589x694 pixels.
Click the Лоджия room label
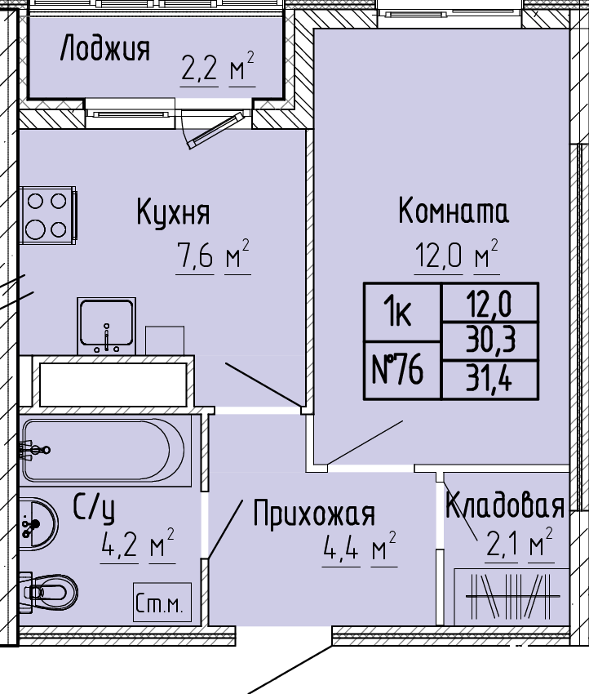tap(104, 48)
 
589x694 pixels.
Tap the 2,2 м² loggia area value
tap(218, 66)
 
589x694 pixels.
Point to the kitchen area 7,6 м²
tap(213, 255)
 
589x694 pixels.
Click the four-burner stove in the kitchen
tap(48, 215)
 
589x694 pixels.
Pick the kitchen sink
tap(106, 326)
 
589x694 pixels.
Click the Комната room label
tap(454, 211)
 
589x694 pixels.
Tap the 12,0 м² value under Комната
tap(456, 255)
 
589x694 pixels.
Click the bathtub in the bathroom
tap(103, 450)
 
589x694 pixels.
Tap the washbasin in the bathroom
tap(38, 523)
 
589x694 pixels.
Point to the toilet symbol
tap(49, 592)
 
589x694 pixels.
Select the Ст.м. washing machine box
tap(162, 603)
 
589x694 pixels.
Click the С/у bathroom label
tap(94, 509)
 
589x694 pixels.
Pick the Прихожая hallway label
tap(314, 514)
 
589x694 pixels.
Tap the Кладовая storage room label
tap(505, 506)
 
